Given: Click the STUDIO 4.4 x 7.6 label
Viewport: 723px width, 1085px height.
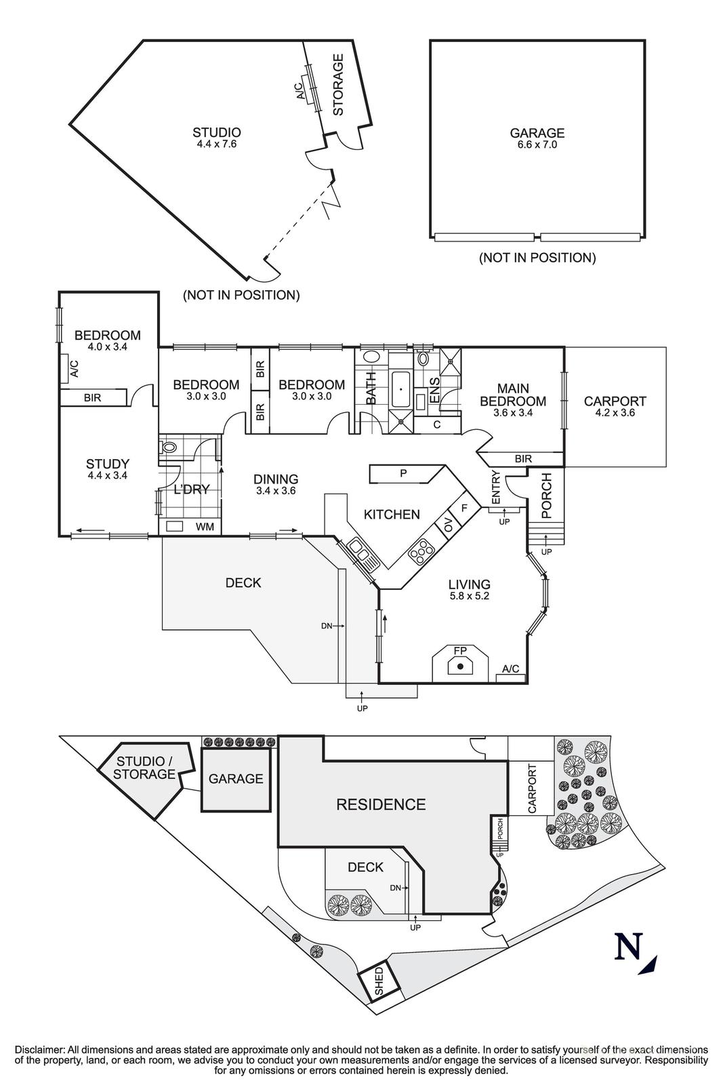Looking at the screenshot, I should click(217, 138).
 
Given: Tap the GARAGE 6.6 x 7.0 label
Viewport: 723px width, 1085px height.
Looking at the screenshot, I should click(537, 138).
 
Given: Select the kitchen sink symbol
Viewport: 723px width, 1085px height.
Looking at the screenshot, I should click(360, 553).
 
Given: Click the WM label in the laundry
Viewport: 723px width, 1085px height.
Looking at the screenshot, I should click(204, 526).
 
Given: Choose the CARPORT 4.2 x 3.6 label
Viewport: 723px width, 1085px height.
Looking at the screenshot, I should click(615, 407).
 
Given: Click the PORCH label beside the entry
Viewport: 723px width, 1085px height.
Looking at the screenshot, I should click(548, 496).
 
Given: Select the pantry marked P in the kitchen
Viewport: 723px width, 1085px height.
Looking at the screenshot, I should click(403, 473).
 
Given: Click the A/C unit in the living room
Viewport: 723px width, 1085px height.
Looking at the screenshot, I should click(510, 669).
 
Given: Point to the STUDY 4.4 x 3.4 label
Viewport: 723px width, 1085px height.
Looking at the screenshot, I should click(108, 469).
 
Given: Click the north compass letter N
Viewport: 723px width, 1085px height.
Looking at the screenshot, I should click(627, 947).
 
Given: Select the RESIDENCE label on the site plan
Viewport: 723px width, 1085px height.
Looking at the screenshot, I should click(381, 804).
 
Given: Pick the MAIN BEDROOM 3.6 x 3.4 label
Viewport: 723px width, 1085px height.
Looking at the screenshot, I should click(513, 400).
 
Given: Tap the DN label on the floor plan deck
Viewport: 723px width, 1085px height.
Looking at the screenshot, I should click(327, 626).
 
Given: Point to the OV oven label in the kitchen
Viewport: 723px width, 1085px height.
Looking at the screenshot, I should click(448, 524).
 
